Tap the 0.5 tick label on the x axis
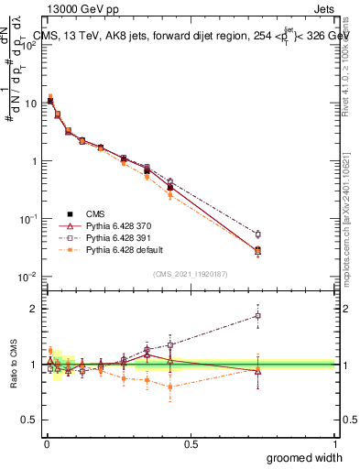pyautogui.click(x=191, y=443)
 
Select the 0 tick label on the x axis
pyautogui.click(x=45, y=443)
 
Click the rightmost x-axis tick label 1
pyautogui.click(x=335, y=443)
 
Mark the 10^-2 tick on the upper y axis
pyautogui.click(x=28, y=277)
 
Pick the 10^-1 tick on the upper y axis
pyautogui.click(x=28, y=219)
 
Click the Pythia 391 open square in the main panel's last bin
pyautogui.click(x=258, y=234)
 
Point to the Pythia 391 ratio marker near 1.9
pyautogui.click(x=258, y=316)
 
